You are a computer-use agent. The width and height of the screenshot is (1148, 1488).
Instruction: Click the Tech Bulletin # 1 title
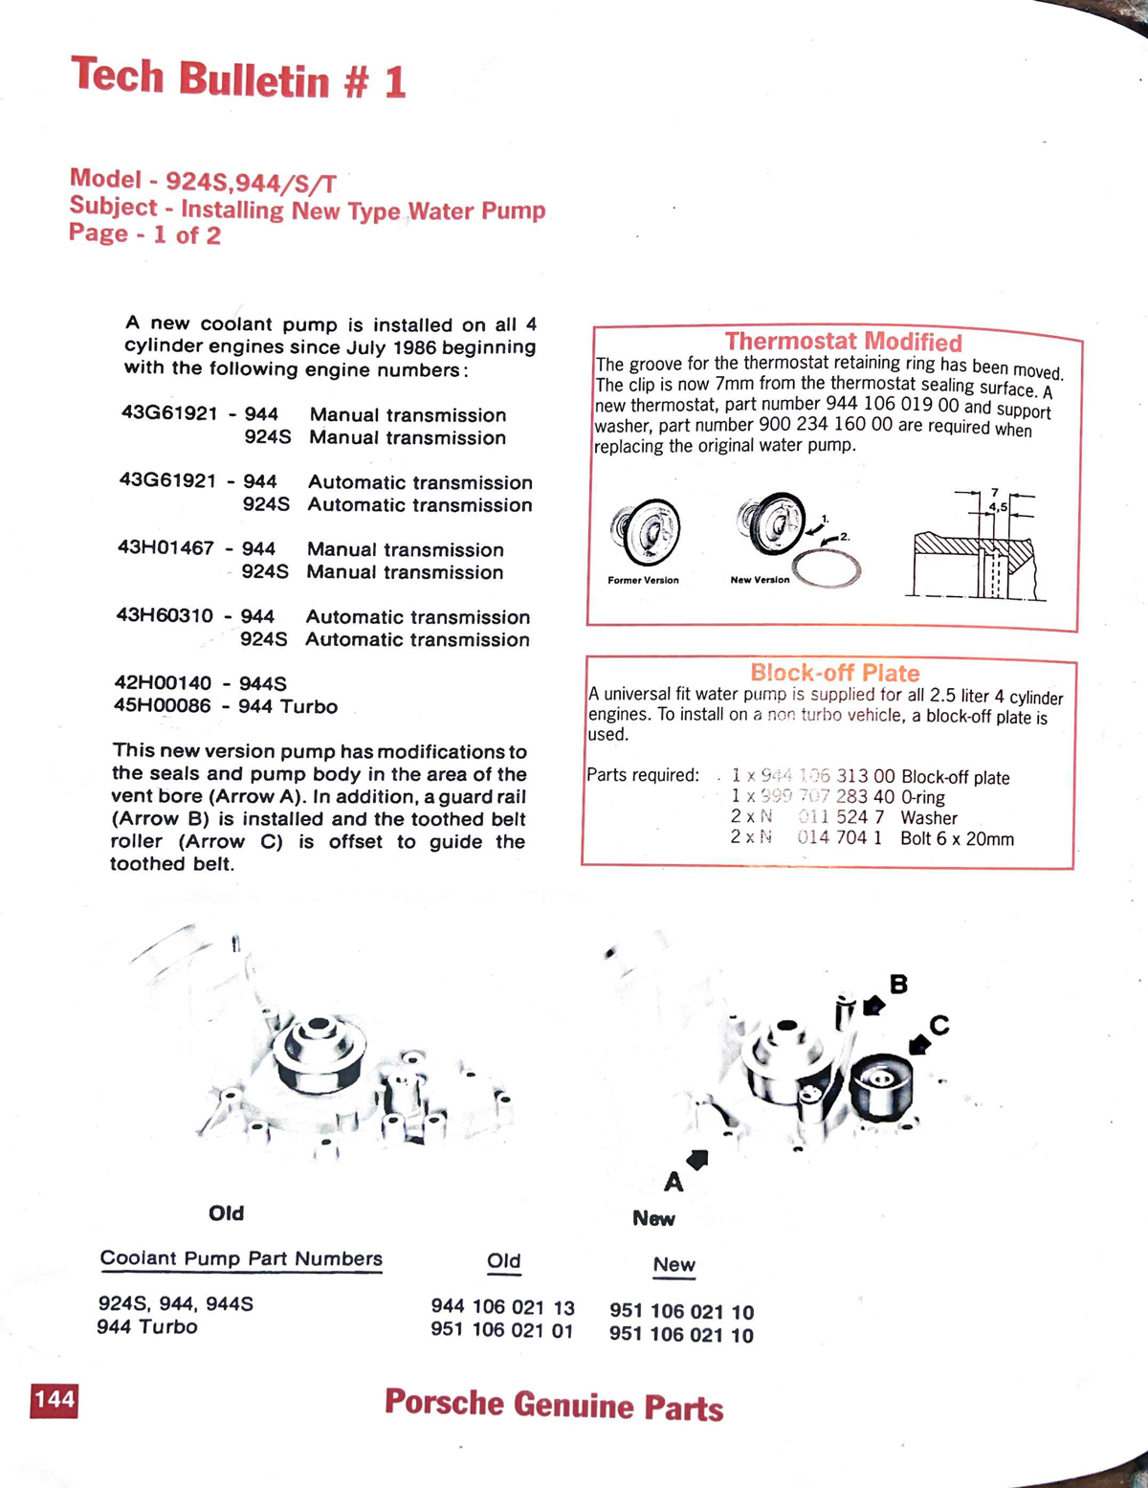[x=239, y=78]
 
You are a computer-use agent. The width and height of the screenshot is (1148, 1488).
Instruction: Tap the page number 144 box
[x=55, y=1401]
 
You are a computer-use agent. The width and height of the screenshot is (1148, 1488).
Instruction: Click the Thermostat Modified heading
[x=843, y=342]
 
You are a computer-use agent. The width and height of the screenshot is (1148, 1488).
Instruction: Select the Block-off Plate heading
[x=834, y=673]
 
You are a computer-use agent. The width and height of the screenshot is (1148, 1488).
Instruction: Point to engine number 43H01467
[x=166, y=548]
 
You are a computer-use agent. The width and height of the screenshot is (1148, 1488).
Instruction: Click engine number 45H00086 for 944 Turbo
[x=162, y=706]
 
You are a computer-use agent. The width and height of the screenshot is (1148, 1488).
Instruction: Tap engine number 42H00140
[x=163, y=683]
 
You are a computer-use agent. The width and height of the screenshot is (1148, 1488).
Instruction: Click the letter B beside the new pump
[x=898, y=984]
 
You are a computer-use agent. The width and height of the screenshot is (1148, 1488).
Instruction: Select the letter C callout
[x=939, y=1026]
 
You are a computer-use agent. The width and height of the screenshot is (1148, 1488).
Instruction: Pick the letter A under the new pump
[x=673, y=1183]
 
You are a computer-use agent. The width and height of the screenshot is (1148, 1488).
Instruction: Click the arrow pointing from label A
[x=697, y=1160]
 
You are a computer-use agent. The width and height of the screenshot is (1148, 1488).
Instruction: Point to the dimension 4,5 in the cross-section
[x=998, y=506]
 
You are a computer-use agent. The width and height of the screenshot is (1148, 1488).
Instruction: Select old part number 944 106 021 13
[x=502, y=1306]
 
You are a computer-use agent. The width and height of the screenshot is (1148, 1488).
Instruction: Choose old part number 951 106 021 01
[x=502, y=1330]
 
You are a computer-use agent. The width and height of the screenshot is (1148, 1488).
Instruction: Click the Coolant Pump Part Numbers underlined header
[x=241, y=1259]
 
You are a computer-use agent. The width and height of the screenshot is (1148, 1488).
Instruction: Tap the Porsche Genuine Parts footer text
[x=554, y=1405]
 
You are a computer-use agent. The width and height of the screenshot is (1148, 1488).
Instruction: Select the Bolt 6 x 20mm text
[x=957, y=839]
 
